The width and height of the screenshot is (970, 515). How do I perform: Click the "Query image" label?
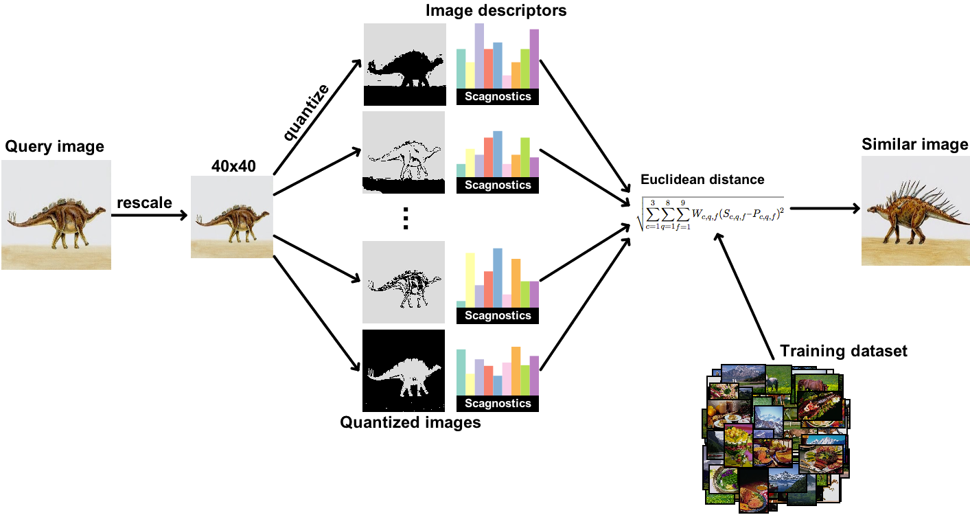tap(55, 146)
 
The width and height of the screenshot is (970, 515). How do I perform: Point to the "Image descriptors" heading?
tap(496, 10)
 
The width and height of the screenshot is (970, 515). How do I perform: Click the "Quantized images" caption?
tap(411, 422)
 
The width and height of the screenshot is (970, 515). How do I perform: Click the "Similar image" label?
tap(915, 144)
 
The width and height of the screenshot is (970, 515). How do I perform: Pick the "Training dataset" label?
tap(843, 352)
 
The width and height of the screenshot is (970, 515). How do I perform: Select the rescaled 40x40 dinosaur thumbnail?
tap(232, 217)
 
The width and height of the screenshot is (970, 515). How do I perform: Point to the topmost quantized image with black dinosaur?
tap(404, 65)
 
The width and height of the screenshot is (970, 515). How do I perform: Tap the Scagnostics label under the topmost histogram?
tap(498, 97)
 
